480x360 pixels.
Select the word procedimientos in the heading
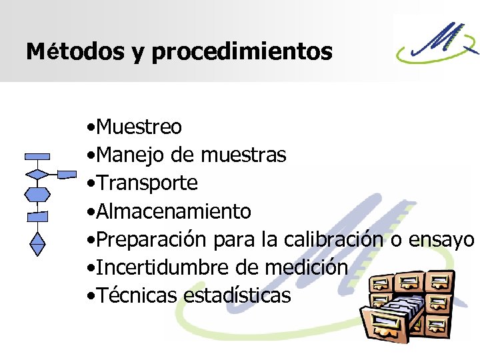point(242,51)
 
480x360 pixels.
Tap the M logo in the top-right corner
point(437,46)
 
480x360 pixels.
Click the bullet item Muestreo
point(139,126)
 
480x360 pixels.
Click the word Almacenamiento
point(173,211)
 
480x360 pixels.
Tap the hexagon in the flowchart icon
point(37,195)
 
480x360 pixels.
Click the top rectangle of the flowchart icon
point(37,157)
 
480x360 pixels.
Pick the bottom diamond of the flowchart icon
point(38,243)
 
